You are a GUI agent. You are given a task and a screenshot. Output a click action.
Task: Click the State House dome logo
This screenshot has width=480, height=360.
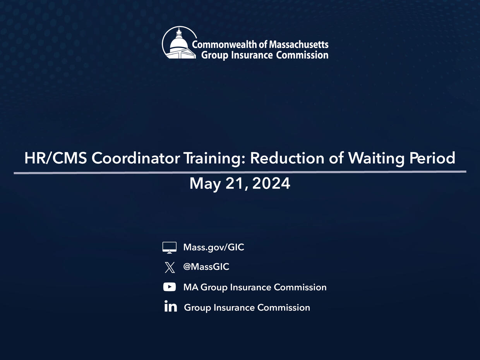tap(179, 43)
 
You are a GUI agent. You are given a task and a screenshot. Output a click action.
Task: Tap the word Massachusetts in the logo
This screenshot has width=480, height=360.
tap(299, 45)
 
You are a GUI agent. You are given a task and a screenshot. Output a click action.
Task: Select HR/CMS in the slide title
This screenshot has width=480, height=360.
tap(56, 158)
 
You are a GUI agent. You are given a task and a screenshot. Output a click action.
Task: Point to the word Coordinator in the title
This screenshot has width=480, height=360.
tap(136, 158)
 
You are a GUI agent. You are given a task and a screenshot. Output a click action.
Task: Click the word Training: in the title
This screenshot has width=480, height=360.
tap(214, 159)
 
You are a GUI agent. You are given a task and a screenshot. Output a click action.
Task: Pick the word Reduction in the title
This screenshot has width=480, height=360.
tap(287, 158)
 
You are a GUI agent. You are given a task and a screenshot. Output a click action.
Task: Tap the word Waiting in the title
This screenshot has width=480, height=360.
tap(376, 159)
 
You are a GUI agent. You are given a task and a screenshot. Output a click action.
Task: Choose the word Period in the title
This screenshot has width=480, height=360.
tap(432, 158)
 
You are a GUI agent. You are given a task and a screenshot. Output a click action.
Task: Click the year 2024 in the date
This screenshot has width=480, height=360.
tap(271, 183)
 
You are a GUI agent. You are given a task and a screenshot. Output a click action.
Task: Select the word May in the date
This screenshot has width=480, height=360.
tap(205, 184)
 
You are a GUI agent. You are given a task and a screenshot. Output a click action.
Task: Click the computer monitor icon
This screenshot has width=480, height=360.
tap(170, 248)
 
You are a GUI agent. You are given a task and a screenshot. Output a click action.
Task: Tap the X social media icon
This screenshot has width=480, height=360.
tap(170, 267)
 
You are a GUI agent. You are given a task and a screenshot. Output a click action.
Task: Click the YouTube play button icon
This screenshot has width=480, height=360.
tap(170, 287)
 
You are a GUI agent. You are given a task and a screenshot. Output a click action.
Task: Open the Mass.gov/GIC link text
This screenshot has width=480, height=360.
tap(214, 248)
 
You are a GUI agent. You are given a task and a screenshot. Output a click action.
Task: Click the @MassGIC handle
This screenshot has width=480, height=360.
tap(206, 267)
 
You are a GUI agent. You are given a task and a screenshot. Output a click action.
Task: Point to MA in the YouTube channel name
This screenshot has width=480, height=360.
tap(191, 287)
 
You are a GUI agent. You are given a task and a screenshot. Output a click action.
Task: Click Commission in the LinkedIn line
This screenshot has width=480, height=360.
tap(284, 307)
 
